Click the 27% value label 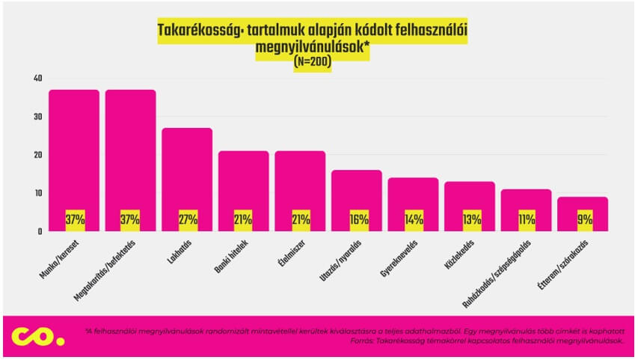187,221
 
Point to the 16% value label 356,221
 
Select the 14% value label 413,221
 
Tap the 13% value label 470,221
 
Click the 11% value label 527,221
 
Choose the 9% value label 583,221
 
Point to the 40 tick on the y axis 37,79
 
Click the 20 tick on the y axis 37,155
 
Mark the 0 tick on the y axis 40,231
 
